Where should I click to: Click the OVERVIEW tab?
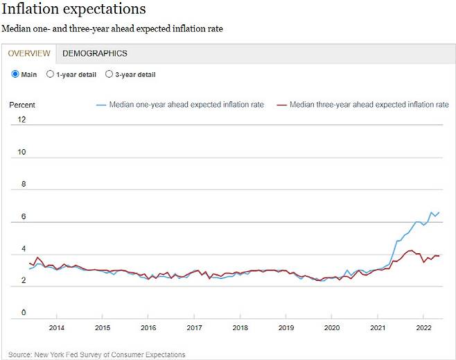tap(29, 53)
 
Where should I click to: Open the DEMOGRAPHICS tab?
tap(94, 53)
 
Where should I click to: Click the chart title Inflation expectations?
tap(73, 10)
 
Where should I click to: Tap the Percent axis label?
tap(22, 105)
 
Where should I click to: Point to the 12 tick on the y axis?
tap(21, 119)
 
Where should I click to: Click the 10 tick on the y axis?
tap(21, 152)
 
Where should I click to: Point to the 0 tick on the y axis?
tap(23, 313)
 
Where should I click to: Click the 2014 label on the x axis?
tap(57, 327)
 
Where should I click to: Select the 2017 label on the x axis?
tap(194, 327)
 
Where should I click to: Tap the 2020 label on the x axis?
tap(332, 327)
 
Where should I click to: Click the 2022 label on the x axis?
tap(424, 327)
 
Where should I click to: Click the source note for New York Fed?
tap(97, 354)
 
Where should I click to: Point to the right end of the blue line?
tap(439, 212)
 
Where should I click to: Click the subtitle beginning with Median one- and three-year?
tap(112, 29)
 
